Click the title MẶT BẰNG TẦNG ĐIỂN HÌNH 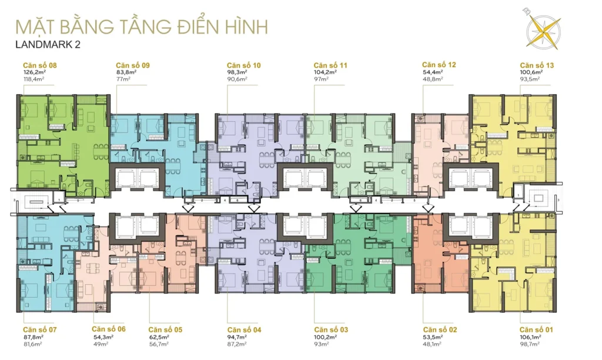pos(141,27)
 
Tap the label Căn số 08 pos(40,65)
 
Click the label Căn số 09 pos(132,65)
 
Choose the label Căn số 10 pos(244,65)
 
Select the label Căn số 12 pos(439,65)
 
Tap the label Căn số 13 pos(536,65)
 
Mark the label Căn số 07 pos(40,329)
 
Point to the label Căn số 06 pos(109,329)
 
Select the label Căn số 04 pos(244,329)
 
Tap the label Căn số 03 pos(331,329)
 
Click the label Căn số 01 pos(536,329)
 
